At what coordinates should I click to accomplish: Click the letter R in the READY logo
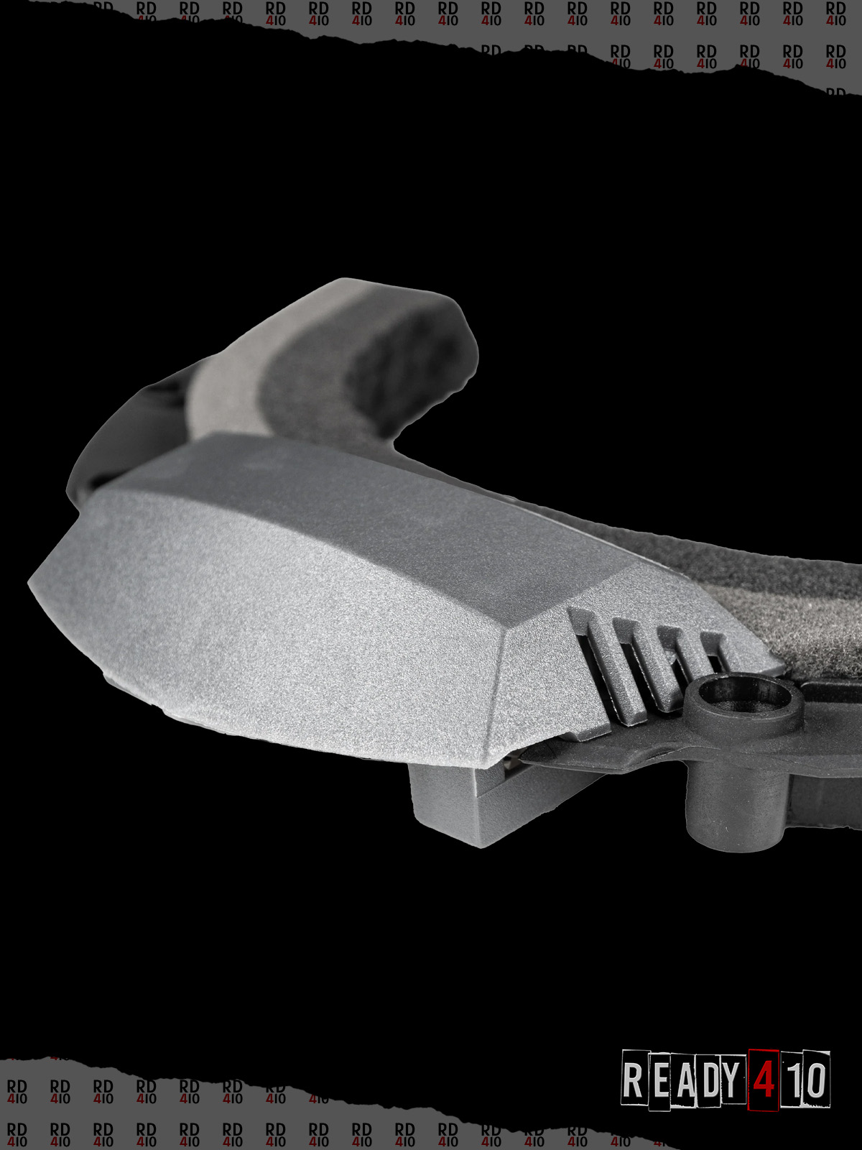coord(632,1080)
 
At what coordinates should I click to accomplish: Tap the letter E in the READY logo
coord(661,1080)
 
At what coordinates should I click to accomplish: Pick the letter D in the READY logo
coord(713,1081)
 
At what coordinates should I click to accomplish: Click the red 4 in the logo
coord(764,1081)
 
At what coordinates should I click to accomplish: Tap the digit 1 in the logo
coord(792,1080)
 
